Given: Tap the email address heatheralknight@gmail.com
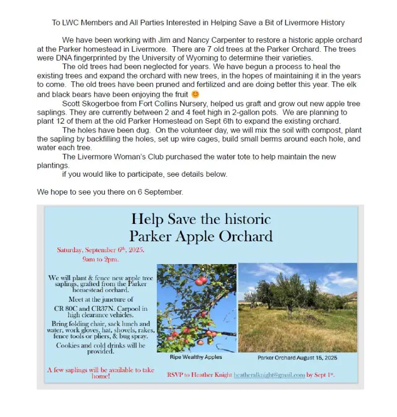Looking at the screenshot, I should coord(269,375).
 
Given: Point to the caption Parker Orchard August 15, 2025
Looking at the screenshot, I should coord(297,357).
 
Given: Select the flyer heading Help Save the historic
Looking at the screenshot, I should coord(201,219).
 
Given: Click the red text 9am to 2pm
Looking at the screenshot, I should coord(101,259).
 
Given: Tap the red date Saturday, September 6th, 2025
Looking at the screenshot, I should coord(101,250).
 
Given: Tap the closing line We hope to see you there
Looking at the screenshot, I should coord(110,192).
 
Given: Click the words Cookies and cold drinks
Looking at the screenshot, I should coord(101,345).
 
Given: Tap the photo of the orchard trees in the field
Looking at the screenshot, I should coord(298,307).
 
